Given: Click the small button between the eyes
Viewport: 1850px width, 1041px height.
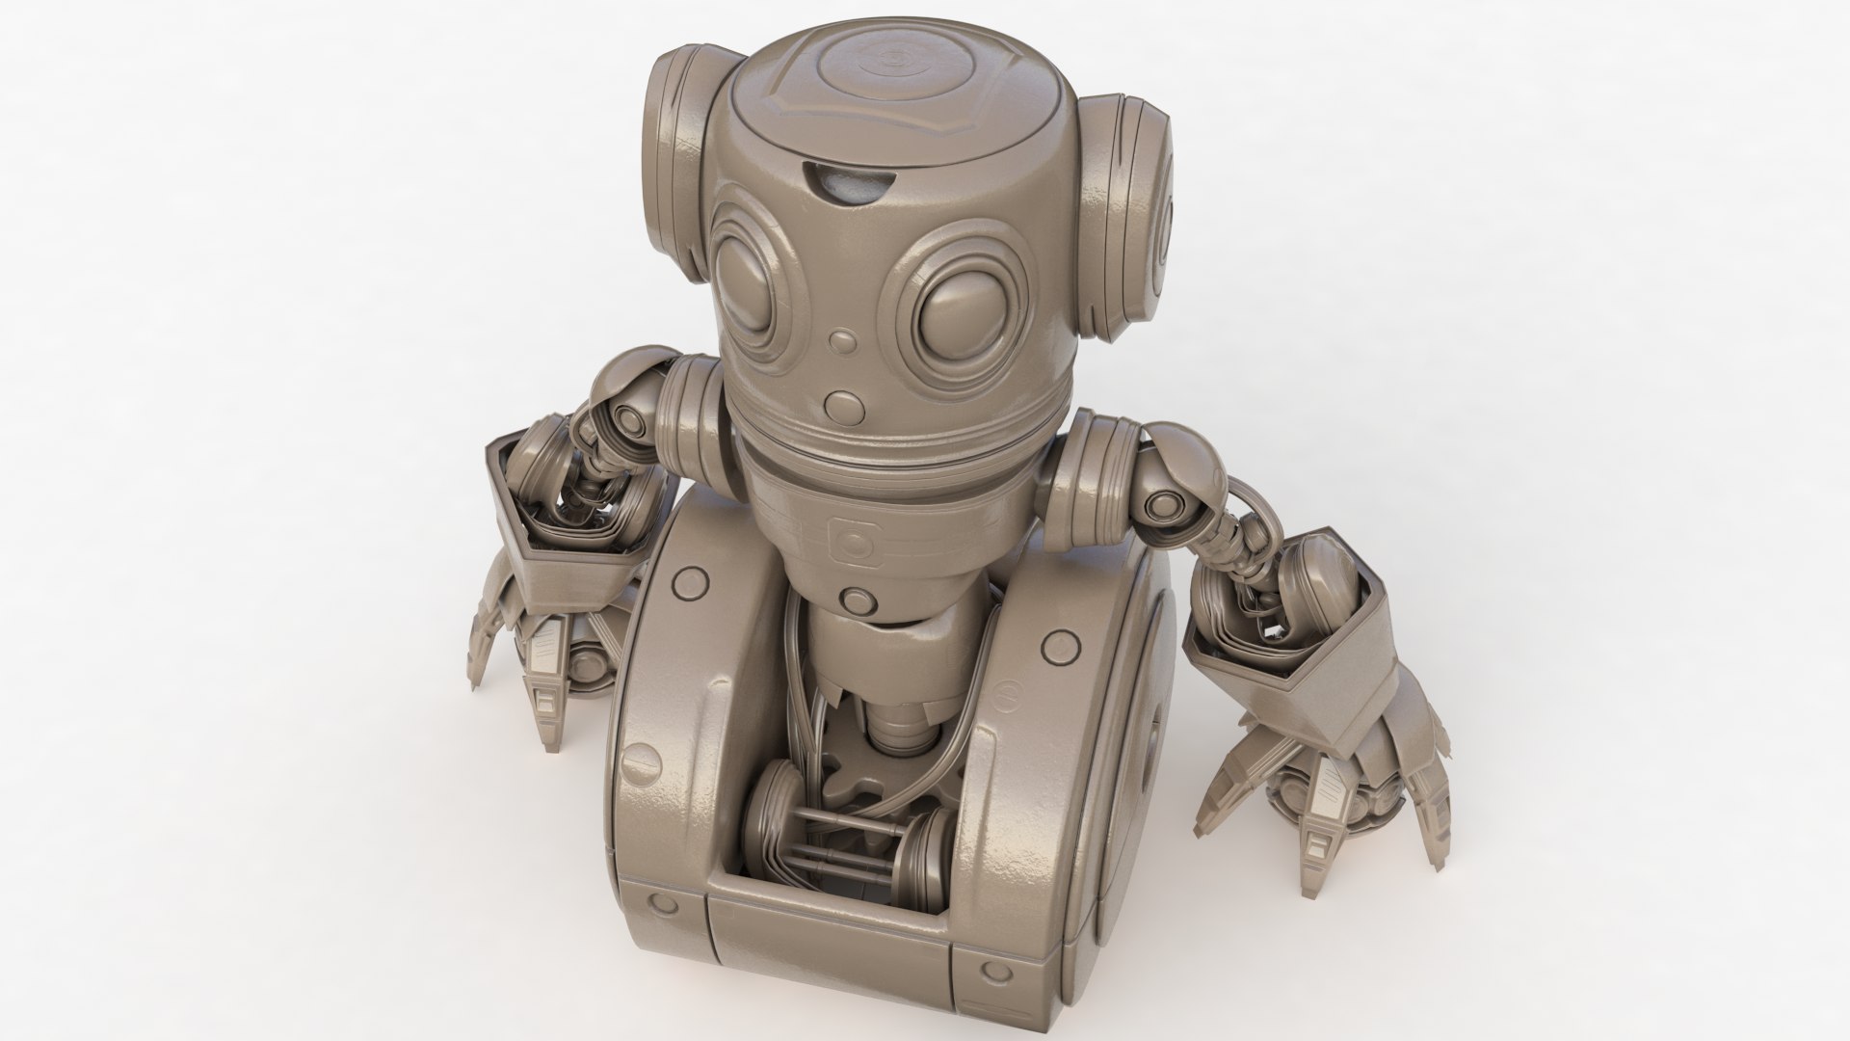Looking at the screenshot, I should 845,341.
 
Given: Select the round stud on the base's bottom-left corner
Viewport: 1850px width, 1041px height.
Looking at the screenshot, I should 662,903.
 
